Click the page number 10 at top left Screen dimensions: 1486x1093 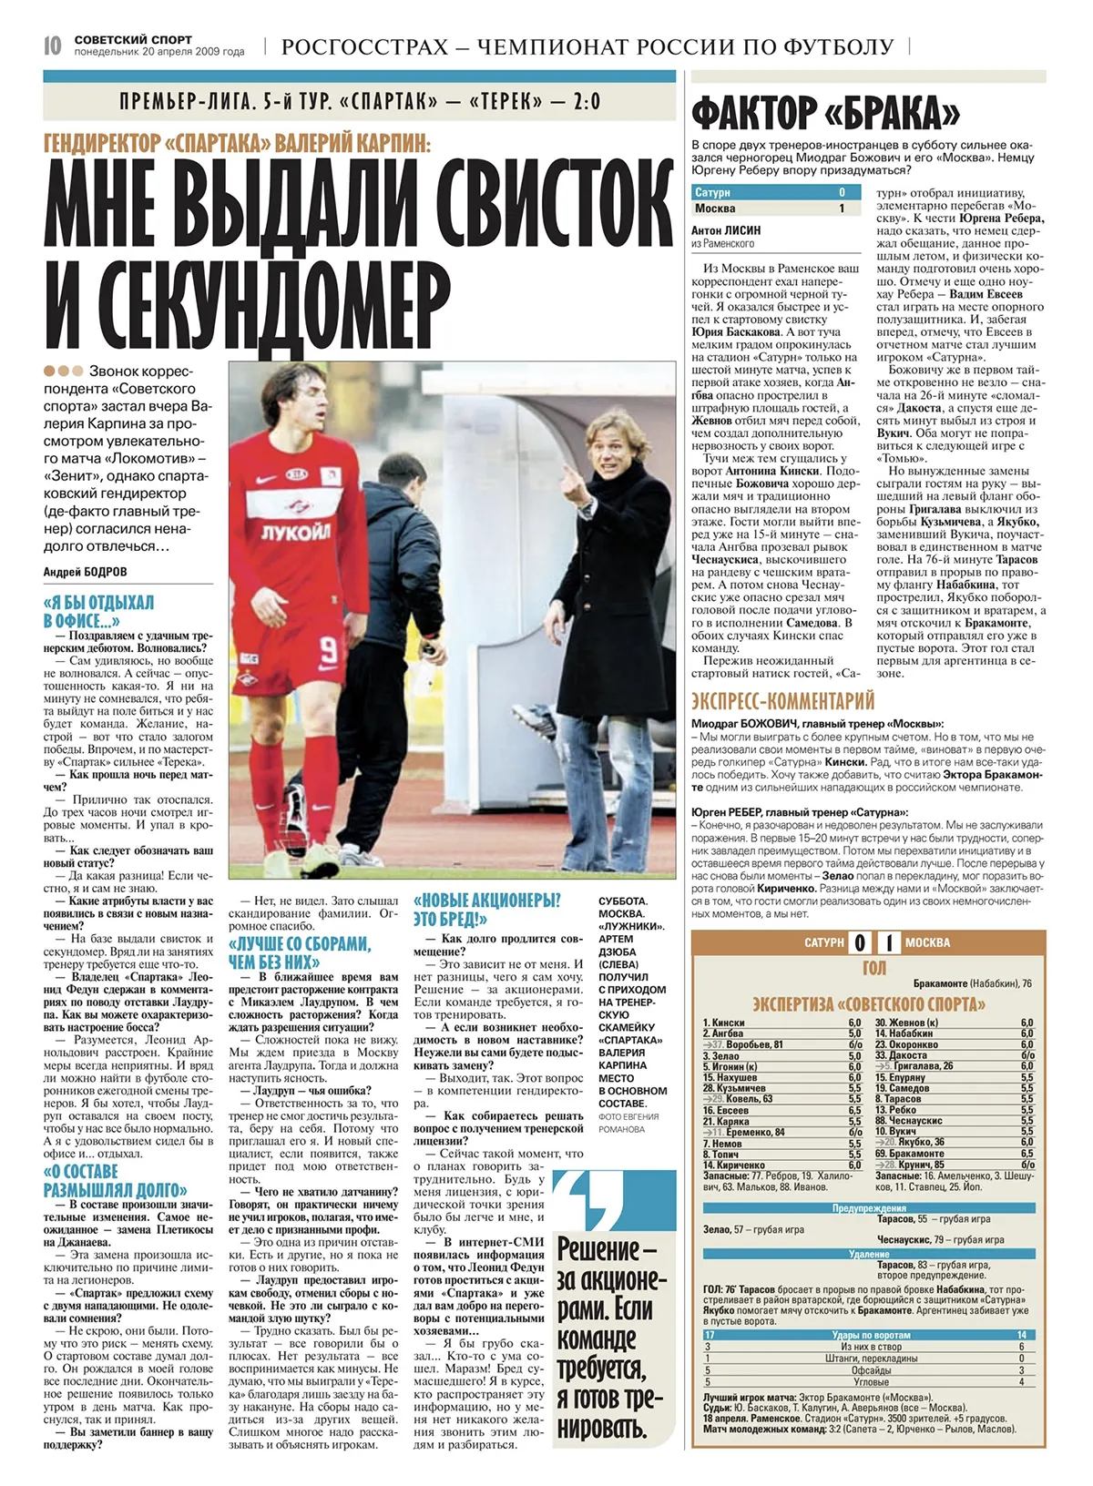tap(53, 46)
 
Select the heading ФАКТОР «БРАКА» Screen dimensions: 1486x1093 tap(825, 113)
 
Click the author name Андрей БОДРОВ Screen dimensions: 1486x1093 tap(86, 572)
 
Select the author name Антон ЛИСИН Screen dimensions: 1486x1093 tap(726, 230)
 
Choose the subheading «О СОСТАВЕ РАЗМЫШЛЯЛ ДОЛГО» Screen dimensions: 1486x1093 tap(115, 1180)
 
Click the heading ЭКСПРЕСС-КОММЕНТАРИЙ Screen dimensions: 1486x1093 tap(782, 701)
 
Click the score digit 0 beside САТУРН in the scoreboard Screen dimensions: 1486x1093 tap(860, 942)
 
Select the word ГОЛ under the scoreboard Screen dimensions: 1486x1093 tap(873, 968)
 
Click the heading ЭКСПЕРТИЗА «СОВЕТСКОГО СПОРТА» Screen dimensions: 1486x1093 tap(868, 1004)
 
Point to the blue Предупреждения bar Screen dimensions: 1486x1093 tap(869, 1208)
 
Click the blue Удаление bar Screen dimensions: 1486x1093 tap(869, 1254)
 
